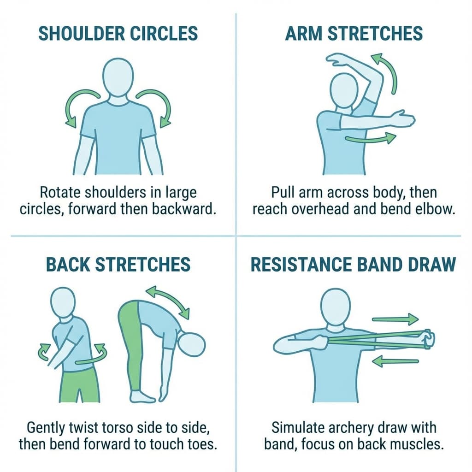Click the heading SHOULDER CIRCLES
coord(118,34)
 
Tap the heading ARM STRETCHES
coord(354,34)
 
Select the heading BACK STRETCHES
coord(118,265)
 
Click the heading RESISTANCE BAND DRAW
coord(353,265)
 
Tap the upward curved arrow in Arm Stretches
coord(387,72)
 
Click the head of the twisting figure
coord(62,301)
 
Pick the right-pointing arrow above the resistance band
coord(395,319)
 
